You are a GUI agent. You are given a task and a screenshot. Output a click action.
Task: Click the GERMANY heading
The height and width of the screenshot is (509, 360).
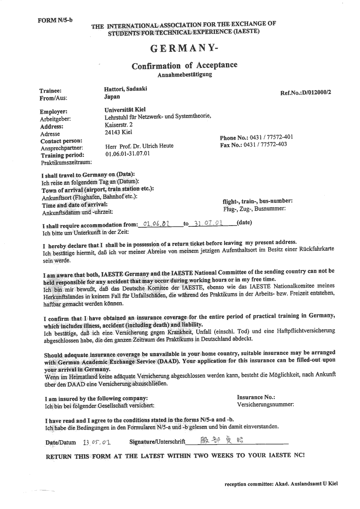click(x=182, y=48)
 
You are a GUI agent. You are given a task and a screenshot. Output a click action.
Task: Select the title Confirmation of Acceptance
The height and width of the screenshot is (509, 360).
click(x=185, y=66)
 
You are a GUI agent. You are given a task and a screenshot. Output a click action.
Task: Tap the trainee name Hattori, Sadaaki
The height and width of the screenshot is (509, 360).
click(x=126, y=89)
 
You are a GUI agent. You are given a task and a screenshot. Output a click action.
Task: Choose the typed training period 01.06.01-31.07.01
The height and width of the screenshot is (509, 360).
click(x=128, y=154)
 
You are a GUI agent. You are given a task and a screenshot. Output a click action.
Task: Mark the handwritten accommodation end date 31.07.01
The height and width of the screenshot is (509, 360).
click(x=208, y=224)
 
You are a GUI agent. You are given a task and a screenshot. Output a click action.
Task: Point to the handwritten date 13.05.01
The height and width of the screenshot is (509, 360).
click(x=97, y=442)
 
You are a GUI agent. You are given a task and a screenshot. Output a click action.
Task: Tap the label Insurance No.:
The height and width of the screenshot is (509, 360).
click(x=256, y=397)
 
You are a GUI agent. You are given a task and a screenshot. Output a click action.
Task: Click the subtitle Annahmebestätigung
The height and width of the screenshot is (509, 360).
click(x=185, y=75)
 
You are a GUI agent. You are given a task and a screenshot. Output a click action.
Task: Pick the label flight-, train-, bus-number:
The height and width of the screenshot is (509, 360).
click(x=257, y=201)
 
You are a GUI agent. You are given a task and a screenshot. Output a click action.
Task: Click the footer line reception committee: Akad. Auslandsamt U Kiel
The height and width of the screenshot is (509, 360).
click(x=281, y=484)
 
